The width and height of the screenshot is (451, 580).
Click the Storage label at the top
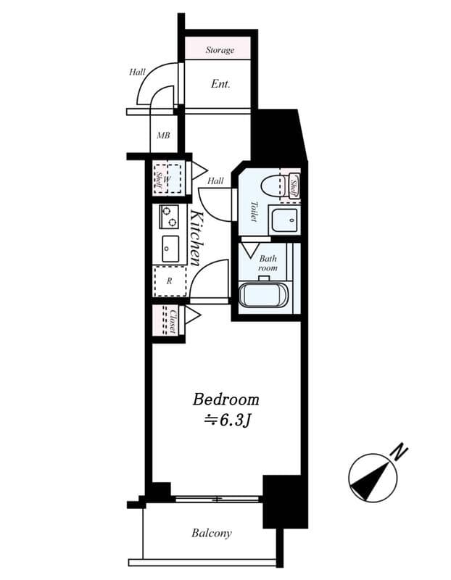(x=220, y=50)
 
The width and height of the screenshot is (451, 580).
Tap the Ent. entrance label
(x=220, y=84)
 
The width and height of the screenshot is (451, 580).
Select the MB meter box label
(x=164, y=135)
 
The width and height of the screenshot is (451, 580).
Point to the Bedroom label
(x=225, y=399)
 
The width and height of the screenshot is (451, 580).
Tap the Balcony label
(x=212, y=533)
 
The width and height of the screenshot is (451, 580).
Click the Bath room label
(x=268, y=262)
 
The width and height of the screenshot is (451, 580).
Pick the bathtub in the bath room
(x=264, y=297)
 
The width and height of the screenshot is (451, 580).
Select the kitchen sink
(x=170, y=249)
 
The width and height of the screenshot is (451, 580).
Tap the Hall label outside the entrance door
(x=137, y=72)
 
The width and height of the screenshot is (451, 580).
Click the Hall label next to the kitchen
(x=215, y=181)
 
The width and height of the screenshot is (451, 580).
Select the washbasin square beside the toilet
(x=283, y=218)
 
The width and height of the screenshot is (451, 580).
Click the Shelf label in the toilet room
(x=294, y=187)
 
